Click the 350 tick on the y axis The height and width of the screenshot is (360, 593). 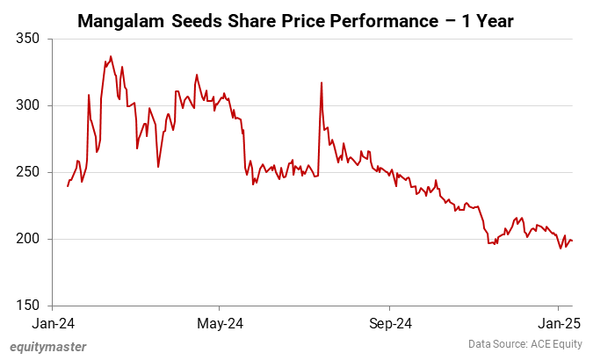[x=28, y=39]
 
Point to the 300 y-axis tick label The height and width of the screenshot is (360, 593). [x=28, y=105]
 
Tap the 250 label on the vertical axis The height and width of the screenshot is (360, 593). [x=28, y=172]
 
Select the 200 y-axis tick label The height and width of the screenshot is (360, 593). [x=28, y=239]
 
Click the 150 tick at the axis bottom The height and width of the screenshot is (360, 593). [x=28, y=306]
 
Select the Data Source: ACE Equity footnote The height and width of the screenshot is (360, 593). [x=524, y=345]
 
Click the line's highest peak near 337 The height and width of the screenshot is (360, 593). [x=111, y=56]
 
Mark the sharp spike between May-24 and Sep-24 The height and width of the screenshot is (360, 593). [x=322, y=83]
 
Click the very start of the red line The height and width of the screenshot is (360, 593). [x=68, y=186]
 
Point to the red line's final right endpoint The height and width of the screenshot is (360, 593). [x=573, y=241]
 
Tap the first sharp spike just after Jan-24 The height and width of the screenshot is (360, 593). [x=90, y=95]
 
